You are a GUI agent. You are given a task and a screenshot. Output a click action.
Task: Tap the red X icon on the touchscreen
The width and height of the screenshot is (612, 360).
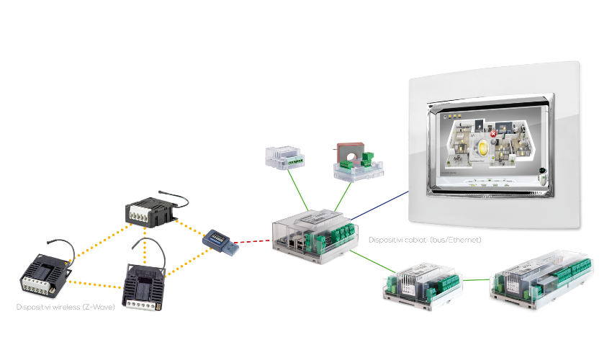493,134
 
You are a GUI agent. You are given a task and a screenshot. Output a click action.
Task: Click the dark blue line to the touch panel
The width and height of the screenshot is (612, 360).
382,207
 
